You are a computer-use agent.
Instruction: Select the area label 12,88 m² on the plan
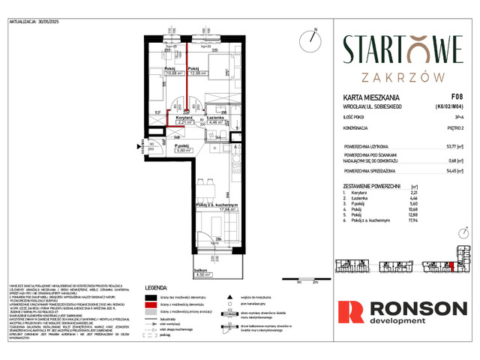198,73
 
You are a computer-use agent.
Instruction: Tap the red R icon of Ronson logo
349,313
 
